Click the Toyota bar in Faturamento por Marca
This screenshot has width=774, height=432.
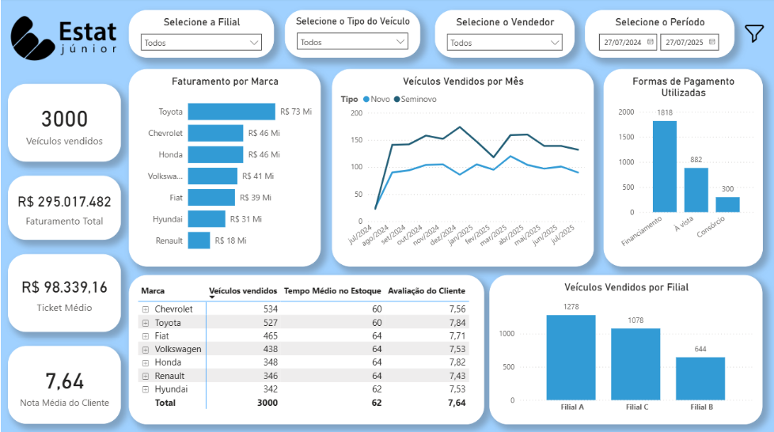click(x=231, y=112)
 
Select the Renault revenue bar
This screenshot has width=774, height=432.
click(x=199, y=241)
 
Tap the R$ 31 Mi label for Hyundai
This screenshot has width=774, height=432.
click(x=245, y=219)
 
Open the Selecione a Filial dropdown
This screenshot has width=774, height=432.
click(x=201, y=43)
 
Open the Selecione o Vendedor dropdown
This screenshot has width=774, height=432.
click(x=504, y=43)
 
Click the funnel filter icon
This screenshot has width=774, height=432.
click(x=753, y=32)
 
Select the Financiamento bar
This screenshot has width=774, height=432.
click(x=664, y=166)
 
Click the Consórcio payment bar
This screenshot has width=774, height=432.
click(x=727, y=204)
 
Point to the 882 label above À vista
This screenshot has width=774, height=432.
click(x=696, y=160)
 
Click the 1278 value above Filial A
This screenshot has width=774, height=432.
click(x=571, y=306)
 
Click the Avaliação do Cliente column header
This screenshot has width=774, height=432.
click(x=427, y=290)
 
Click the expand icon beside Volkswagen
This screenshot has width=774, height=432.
click(x=146, y=349)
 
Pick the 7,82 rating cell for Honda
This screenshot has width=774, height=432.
click(x=456, y=362)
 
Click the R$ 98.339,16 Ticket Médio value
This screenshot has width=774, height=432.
click(x=65, y=287)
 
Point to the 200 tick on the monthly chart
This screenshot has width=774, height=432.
click(x=356, y=113)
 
